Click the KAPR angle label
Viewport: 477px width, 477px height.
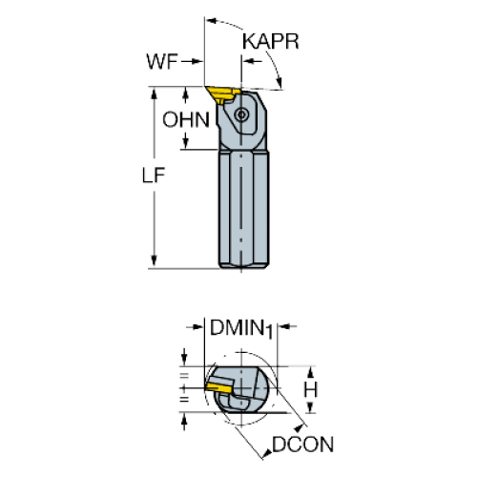click(271, 41)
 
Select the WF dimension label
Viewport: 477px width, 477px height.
click(161, 61)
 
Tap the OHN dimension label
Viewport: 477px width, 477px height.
click(186, 120)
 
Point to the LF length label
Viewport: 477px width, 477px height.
click(154, 176)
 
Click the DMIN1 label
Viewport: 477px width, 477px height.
click(241, 328)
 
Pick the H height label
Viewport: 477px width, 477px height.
click(310, 389)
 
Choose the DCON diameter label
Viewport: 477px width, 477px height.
click(302, 445)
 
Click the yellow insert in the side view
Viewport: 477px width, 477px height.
click(221, 93)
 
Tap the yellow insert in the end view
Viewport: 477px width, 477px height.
click(218, 388)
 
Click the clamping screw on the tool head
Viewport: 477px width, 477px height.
click(241, 114)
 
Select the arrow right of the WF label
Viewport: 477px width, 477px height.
click(192, 61)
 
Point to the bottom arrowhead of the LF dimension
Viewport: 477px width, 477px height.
click(154, 260)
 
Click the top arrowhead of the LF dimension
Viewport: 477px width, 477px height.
click(154, 94)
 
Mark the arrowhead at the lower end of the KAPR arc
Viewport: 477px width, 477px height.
click(279, 82)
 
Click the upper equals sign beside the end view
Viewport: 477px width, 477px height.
click(184, 377)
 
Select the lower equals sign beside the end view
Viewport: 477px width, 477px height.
click(184, 400)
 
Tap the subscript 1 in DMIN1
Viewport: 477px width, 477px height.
click(269, 332)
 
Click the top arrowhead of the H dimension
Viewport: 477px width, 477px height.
click(311, 372)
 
